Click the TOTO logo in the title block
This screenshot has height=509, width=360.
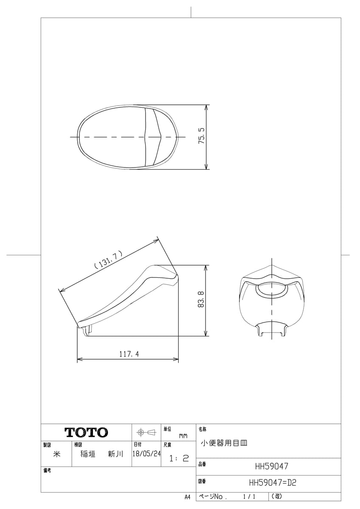pos(86,433)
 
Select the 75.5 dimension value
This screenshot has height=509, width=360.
pos(202,137)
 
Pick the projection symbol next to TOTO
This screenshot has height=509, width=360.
pos(146,432)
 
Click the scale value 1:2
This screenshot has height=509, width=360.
pos(179,459)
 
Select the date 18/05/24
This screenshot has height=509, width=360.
pos(146,453)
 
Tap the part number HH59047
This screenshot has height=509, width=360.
pos(272,466)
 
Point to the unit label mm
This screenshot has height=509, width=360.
pos(183,436)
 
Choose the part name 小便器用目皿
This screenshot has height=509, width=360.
pos(224,443)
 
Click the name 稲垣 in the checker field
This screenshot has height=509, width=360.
pos(87,453)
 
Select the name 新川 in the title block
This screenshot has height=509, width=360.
pos(115,453)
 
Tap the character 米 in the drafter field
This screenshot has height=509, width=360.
pos(56,453)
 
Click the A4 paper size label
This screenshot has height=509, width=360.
pos(188,497)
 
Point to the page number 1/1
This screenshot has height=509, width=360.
pos(249,496)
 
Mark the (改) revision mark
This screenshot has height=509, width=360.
pos(276,496)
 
